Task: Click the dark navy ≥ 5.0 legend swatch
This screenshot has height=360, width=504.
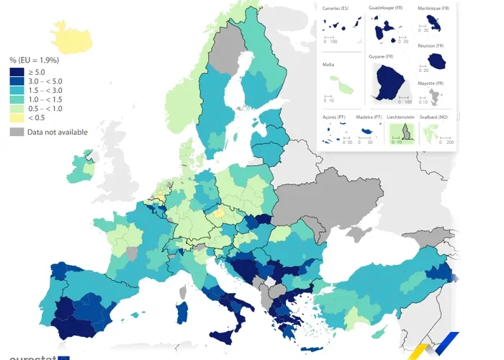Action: [x=17, y=72]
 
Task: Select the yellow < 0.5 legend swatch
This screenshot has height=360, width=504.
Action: [x=17, y=117]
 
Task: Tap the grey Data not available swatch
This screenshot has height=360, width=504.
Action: [x=17, y=132]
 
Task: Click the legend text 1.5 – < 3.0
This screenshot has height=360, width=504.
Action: [x=44, y=90]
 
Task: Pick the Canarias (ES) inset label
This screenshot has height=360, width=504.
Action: [x=336, y=8]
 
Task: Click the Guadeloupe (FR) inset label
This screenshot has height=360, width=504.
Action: [x=386, y=8]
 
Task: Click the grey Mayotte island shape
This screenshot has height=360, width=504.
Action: [x=433, y=98]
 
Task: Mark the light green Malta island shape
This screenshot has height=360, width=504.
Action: [x=346, y=88]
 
